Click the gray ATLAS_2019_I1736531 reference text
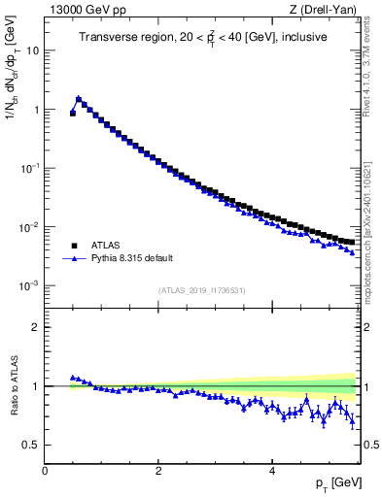201,290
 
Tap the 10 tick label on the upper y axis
32,50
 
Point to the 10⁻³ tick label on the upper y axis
29,286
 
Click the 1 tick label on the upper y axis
35,110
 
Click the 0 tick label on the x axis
45,470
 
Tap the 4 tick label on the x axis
271,470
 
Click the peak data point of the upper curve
79,98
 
